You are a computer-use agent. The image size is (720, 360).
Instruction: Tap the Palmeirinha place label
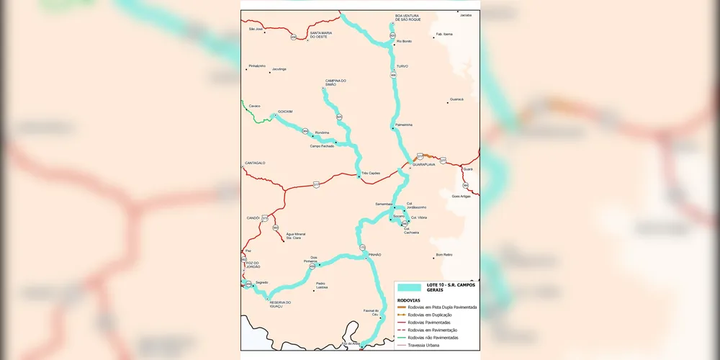[x=403, y=125]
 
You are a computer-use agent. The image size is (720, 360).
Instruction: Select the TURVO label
[x=402, y=66]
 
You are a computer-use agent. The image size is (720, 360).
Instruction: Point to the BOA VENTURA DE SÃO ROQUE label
[x=407, y=17]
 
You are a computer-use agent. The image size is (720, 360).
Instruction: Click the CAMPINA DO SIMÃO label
[x=336, y=82]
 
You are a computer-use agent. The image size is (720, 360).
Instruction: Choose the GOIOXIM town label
[x=286, y=112]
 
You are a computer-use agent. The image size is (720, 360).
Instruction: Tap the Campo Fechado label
[x=322, y=146]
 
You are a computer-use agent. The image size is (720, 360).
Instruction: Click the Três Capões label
[x=370, y=173]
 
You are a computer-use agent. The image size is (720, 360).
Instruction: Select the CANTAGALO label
[x=255, y=163]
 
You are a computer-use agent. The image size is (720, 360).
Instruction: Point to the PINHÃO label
[x=374, y=255]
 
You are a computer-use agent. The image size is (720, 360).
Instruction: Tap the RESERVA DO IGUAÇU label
[x=280, y=305]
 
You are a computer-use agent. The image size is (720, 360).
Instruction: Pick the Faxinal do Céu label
[x=370, y=312]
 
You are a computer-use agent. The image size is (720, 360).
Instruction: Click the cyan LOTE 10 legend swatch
[x=408, y=287]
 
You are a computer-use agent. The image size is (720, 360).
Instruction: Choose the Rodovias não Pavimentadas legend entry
[x=433, y=337]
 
